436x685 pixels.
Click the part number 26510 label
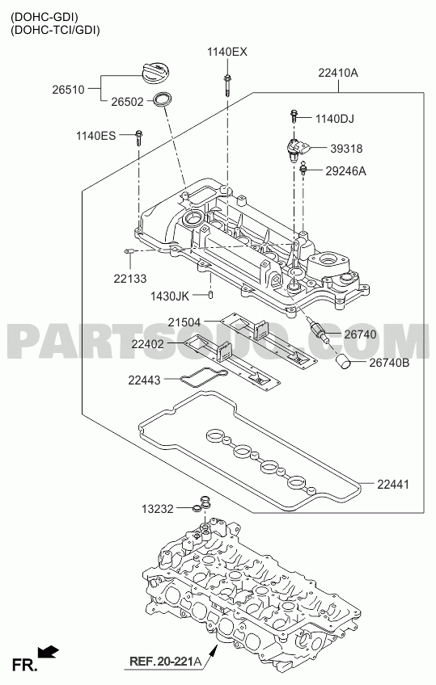tap(68, 90)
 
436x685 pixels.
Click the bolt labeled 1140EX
tap(227, 86)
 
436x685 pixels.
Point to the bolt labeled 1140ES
tap(138, 137)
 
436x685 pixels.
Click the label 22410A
tap(337, 73)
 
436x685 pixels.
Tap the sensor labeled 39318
tap(297, 149)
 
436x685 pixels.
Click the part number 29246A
tap(345, 170)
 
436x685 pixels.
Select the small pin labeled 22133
tap(128, 250)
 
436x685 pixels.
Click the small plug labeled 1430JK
tap(210, 296)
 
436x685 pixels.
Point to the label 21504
tap(184, 322)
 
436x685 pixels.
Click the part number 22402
tap(147, 344)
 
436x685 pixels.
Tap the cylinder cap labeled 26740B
tap(343, 361)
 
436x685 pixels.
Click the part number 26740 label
tap(360, 334)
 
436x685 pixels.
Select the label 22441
tap(393, 484)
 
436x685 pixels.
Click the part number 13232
tap(158, 509)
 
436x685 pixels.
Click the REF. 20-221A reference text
tap(165, 662)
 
